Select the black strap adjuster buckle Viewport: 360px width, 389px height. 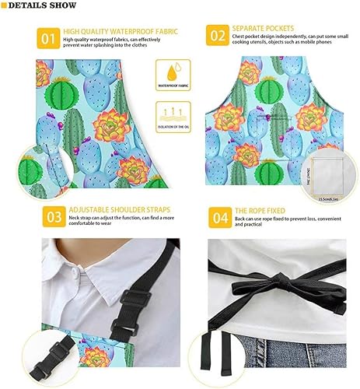[x=133, y=300]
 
